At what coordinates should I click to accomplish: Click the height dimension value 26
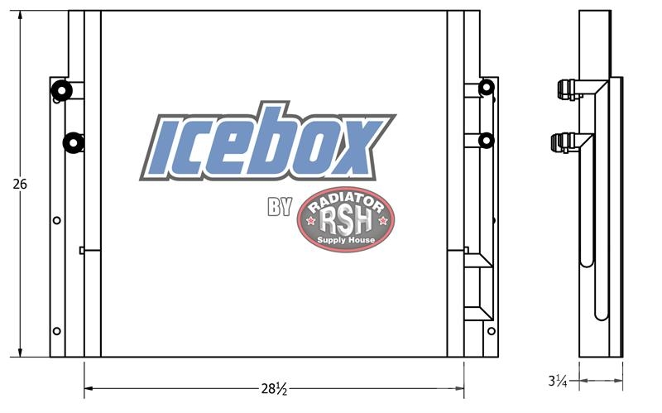pos(20,184)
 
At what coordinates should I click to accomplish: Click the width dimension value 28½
pos(274,388)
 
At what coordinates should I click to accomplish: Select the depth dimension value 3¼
pos(557,381)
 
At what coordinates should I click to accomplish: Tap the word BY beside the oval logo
pos(280,207)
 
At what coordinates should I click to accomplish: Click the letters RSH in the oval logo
pos(346,220)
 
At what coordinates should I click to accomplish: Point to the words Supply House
pos(346,240)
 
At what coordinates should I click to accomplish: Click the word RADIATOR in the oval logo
pos(346,201)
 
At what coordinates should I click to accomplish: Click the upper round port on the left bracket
pos(61,90)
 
